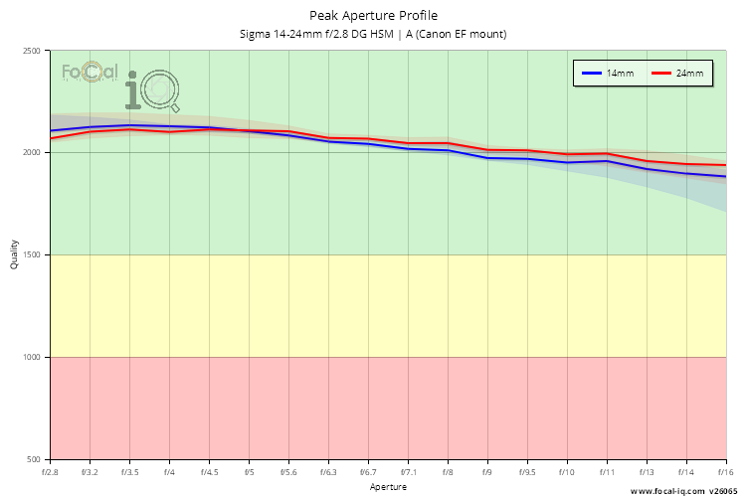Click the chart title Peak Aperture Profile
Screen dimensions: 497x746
pos(373,15)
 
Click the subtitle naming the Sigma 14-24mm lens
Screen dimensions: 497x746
pos(373,34)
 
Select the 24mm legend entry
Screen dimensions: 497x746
pos(682,74)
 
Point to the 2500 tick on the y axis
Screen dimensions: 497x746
pos(32,51)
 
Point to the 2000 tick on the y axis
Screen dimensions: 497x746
pos(32,153)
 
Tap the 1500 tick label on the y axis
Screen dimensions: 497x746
pos(32,255)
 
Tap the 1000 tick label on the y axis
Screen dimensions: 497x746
pos(32,357)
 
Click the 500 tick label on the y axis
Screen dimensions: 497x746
pos(35,459)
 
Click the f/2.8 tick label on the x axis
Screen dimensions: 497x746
pos(50,472)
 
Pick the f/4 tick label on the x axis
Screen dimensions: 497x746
pos(169,472)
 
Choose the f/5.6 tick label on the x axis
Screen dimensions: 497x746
pos(288,472)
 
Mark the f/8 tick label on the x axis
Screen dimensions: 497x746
pos(448,472)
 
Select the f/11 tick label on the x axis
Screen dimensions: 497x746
pos(607,472)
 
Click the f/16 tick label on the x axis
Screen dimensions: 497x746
pos(725,472)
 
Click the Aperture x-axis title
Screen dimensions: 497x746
pos(388,487)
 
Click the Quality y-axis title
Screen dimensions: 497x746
pos(14,255)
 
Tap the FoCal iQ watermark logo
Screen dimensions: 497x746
pos(119,83)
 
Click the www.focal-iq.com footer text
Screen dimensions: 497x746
pos(667,491)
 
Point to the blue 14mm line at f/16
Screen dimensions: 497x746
pos(725,176)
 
